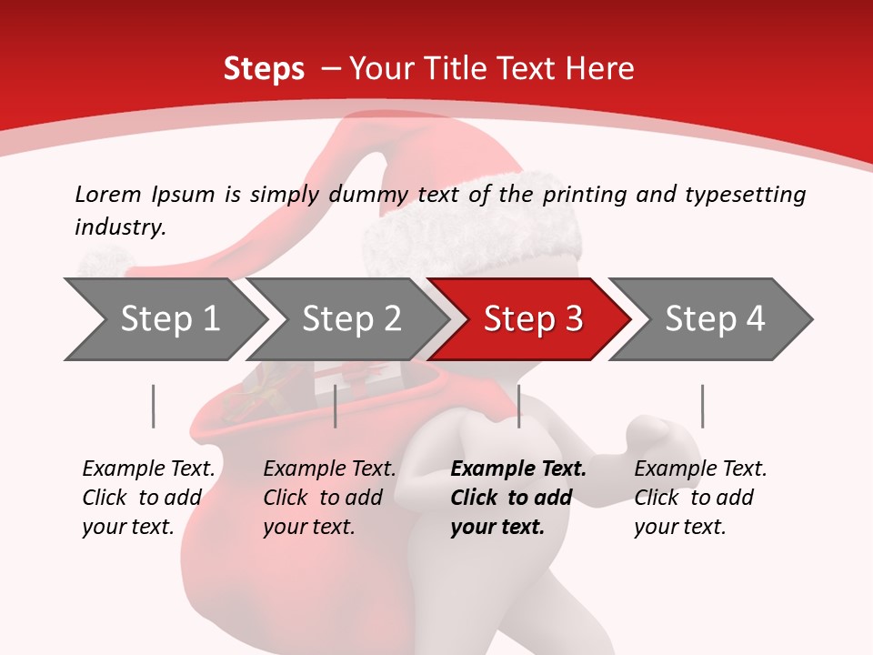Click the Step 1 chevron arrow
pyautogui.click(x=168, y=319)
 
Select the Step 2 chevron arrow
pyautogui.click(x=350, y=319)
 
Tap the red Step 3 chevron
pyautogui.click(x=532, y=319)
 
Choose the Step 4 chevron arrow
pyautogui.click(x=714, y=319)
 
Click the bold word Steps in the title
pyautogui.click(x=264, y=69)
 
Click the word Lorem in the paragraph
pyautogui.click(x=107, y=194)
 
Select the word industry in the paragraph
pyautogui.click(x=120, y=227)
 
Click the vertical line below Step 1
pyautogui.click(x=153, y=406)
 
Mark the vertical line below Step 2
pyautogui.click(x=336, y=406)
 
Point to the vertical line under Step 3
pyautogui.click(x=518, y=406)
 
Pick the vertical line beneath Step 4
pyautogui.click(x=702, y=406)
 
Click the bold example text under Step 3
pyautogui.click(x=518, y=498)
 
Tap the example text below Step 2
pyautogui.click(x=329, y=498)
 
